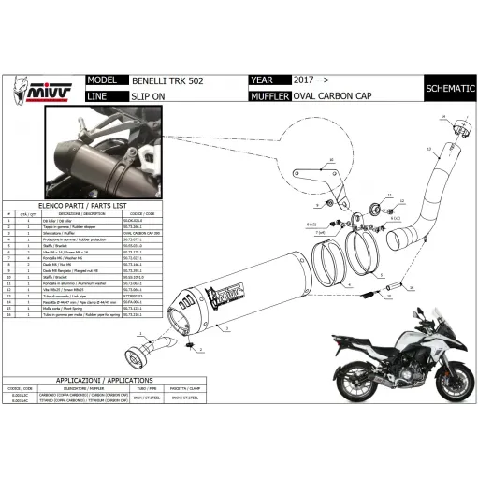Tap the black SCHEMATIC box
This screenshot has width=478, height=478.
point(448,88)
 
